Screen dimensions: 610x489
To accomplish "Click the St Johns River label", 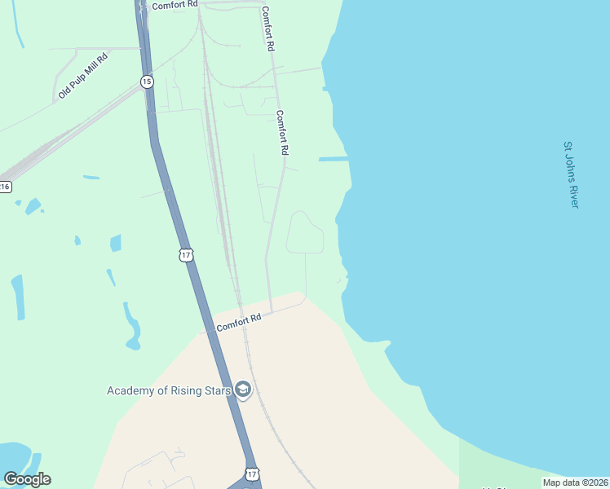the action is pyautogui.click(x=571, y=174).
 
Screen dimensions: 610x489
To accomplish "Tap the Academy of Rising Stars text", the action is pyautogui.click(x=170, y=390).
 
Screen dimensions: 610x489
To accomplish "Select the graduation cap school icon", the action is pyautogui.click(x=243, y=390).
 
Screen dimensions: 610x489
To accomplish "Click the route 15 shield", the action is pyautogui.click(x=146, y=81).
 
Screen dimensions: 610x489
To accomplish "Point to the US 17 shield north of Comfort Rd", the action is pyautogui.click(x=186, y=255).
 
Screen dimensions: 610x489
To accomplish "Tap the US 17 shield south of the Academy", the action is pyautogui.click(x=252, y=474).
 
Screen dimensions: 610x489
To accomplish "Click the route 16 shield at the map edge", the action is pyautogui.click(x=5, y=187).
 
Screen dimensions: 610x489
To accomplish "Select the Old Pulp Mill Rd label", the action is pyautogui.click(x=82, y=77).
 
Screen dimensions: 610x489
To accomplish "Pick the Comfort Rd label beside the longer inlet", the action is pyautogui.click(x=283, y=133).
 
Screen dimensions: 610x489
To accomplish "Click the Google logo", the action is pyautogui.click(x=27, y=479).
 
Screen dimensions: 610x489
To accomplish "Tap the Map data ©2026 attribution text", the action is pyautogui.click(x=576, y=482).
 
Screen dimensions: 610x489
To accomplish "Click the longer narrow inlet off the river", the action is pyautogui.click(x=334, y=159).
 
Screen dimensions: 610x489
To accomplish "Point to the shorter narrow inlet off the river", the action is pyautogui.click(x=327, y=88).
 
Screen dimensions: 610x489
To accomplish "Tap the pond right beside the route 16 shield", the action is pyautogui.click(x=32, y=205).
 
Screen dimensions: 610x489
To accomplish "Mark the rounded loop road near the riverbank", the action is pyautogui.click(x=305, y=233).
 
